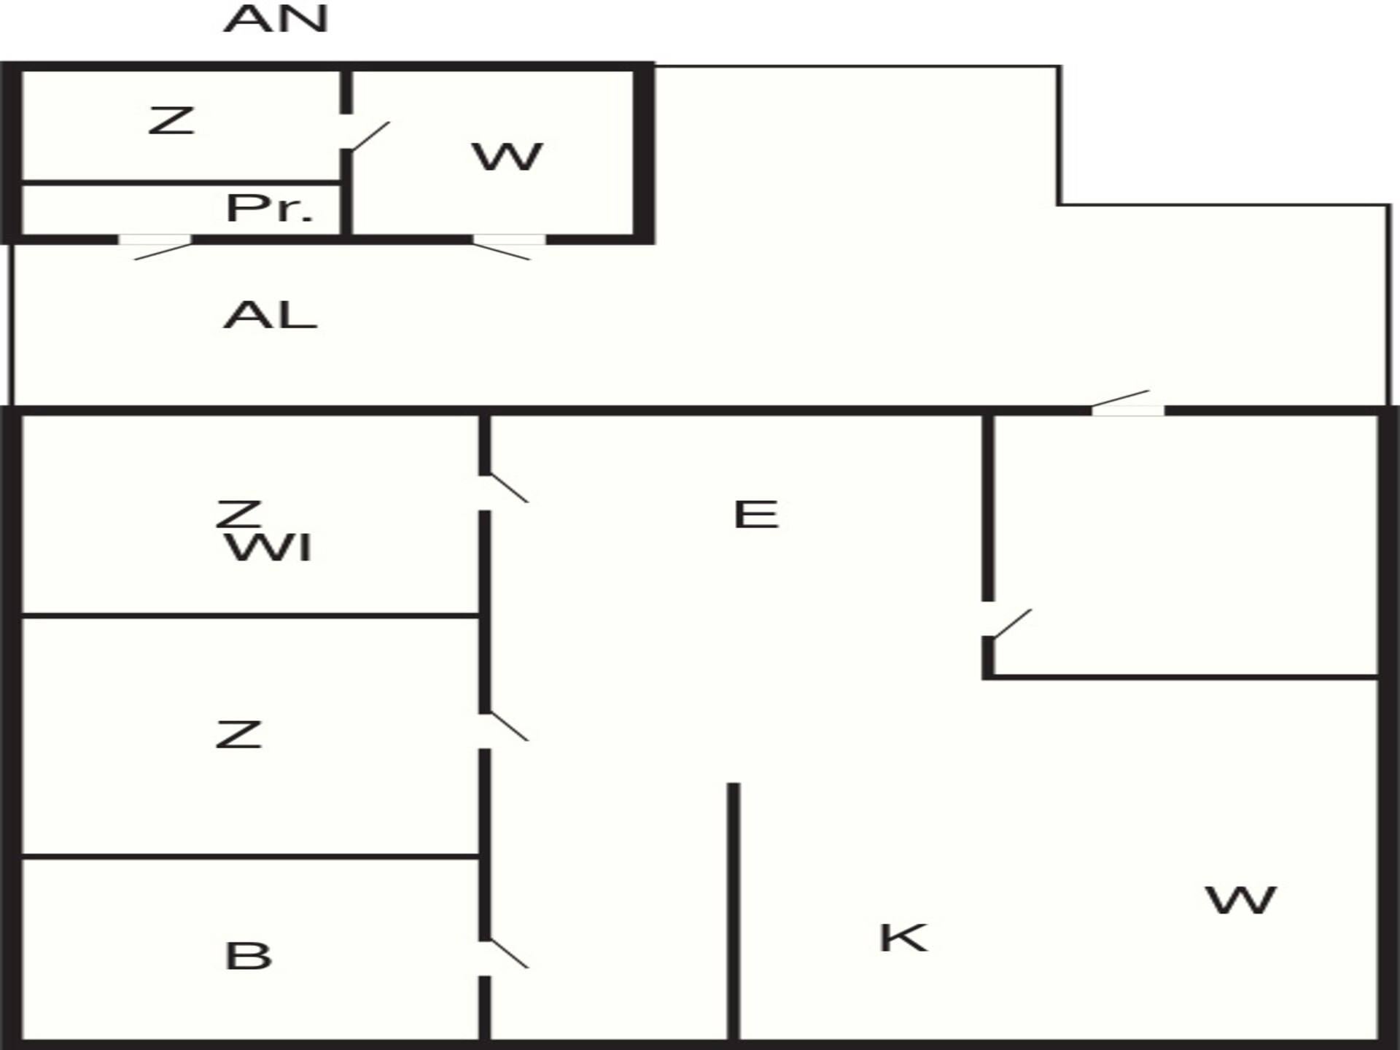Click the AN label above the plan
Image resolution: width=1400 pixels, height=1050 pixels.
[276, 19]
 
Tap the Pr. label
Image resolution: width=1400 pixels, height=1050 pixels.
[269, 209]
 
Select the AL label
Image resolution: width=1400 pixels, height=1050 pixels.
[270, 316]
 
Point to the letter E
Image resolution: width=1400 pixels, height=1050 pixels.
[756, 515]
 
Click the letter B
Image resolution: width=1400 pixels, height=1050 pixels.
[249, 956]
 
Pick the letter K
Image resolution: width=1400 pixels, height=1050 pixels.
[903, 938]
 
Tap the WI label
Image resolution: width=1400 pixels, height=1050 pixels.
[269, 548]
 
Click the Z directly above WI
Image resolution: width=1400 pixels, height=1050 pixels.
[238, 514]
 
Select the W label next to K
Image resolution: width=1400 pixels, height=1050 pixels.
[1241, 901]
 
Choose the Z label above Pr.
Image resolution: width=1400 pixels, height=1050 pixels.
[171, 120]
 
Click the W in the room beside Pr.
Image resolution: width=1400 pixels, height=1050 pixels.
[507, 157]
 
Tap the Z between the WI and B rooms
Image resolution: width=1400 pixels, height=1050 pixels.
[238, 734]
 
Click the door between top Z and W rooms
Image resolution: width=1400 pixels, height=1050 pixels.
[370, 136]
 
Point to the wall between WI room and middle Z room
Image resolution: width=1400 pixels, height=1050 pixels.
[250, 616]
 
